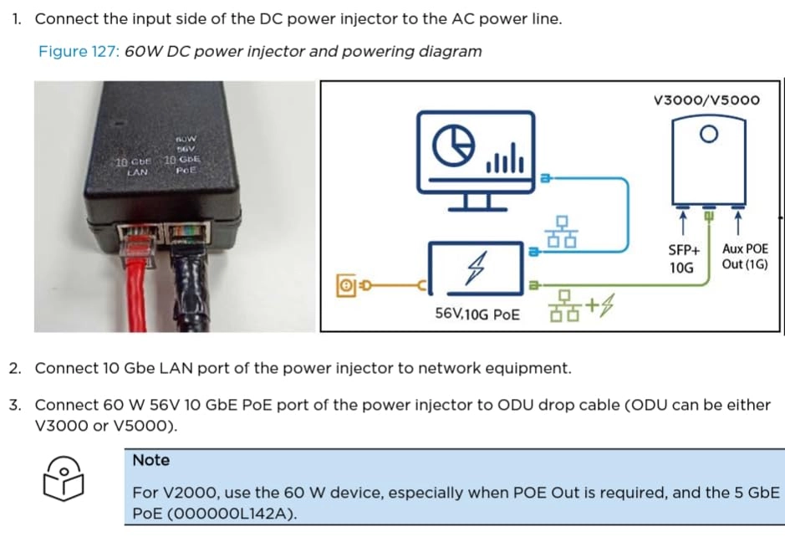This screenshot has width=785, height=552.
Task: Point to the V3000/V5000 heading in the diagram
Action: click(x=706, y=100)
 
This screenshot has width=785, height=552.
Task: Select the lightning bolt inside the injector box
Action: click(x=476, y=268)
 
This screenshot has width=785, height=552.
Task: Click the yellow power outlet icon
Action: click(x=344, y=286)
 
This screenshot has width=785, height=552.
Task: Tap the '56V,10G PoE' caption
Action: click(x=477, y=314)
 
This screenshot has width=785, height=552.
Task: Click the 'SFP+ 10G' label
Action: click(x=682, y=258)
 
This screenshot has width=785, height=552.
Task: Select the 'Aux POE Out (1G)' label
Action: click(x=744, y=258)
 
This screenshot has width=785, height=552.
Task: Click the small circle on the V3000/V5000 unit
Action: click(x=708, y=134)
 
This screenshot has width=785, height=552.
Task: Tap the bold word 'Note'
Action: click(x=150, y=460)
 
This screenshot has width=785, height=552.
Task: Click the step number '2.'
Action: click(x=16, y=368)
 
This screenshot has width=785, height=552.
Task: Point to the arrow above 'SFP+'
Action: click(x=682, y=224)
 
